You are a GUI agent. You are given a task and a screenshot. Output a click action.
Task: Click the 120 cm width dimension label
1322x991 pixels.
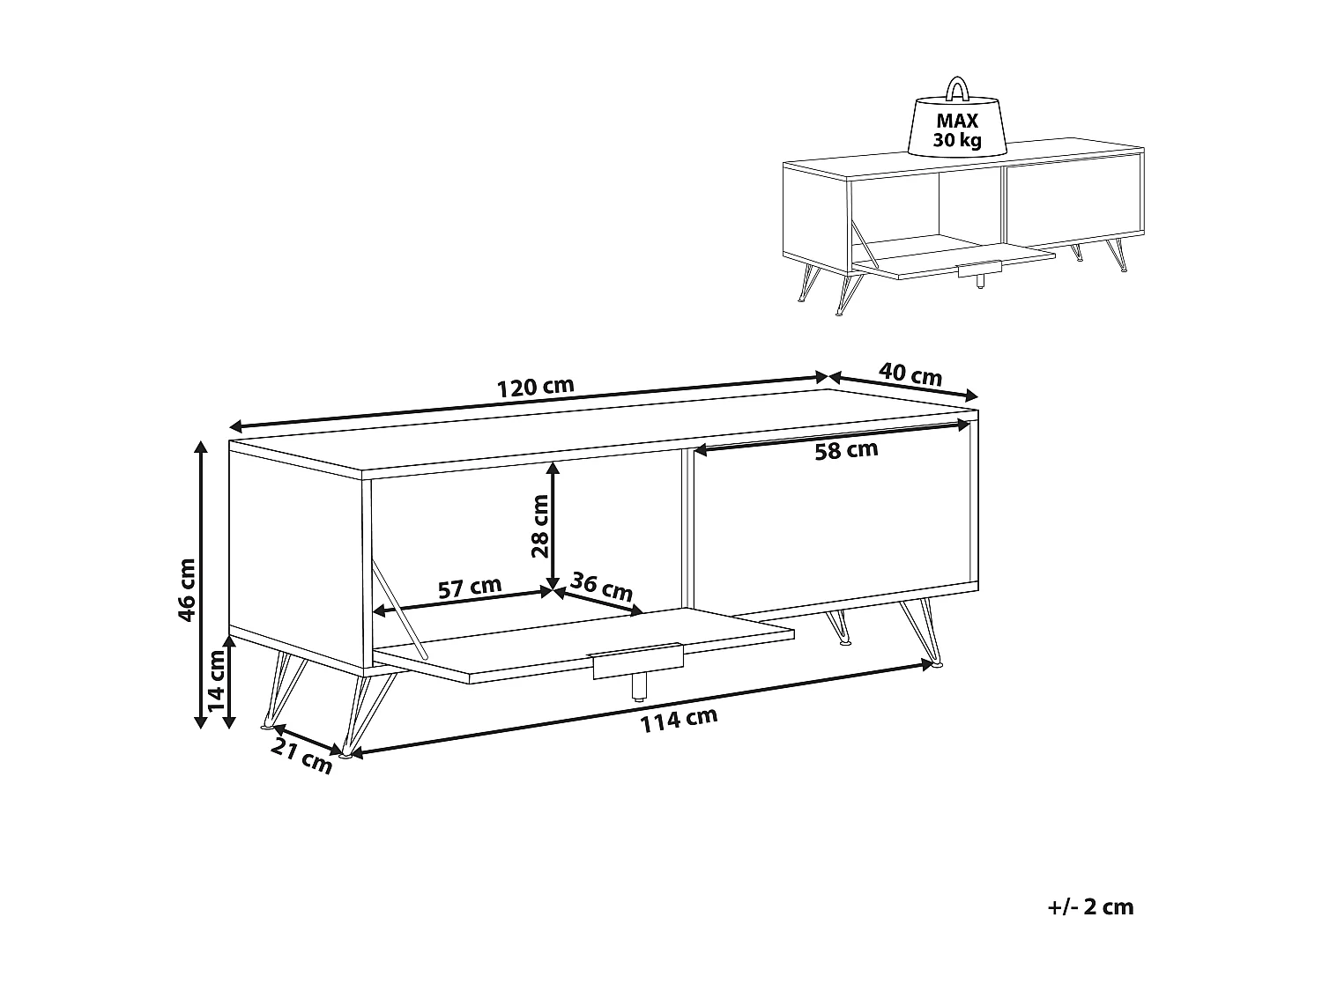coord(535,387)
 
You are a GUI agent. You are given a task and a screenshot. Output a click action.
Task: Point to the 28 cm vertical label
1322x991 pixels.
coord(539,526)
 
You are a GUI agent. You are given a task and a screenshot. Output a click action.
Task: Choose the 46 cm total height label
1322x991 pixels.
coord(187,589)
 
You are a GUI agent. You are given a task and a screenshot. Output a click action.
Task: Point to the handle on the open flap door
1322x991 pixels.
coord(637,661)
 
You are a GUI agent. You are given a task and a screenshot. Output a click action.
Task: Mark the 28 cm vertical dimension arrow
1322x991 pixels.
coord(553,526)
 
